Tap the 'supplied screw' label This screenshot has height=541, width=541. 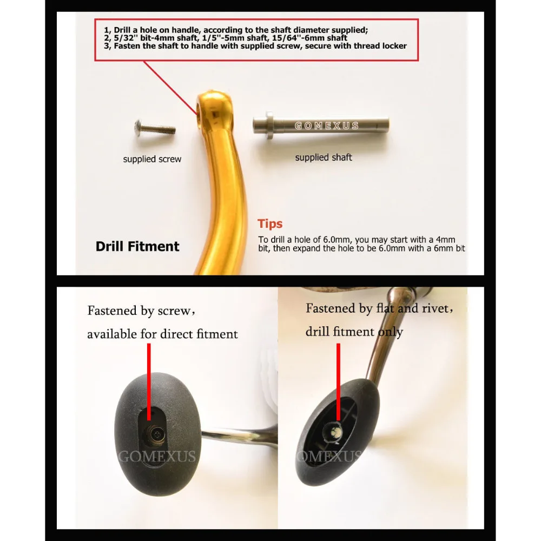(152, 159)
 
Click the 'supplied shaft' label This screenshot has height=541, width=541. (324, 157)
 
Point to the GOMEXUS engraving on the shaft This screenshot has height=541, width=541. (327, 126)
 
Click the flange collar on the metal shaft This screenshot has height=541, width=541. (269, 126)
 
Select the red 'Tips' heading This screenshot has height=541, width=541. (270, 223)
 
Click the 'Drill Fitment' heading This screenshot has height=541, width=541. (137, 246)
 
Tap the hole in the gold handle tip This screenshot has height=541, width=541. (199, 112)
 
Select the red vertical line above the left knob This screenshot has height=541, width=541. (149, 382)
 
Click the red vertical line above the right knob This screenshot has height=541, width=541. (339, 382)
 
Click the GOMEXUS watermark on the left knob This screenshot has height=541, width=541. (157, 457)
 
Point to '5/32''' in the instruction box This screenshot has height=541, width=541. (126, 38)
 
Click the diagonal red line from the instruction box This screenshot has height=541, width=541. (170, 88)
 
